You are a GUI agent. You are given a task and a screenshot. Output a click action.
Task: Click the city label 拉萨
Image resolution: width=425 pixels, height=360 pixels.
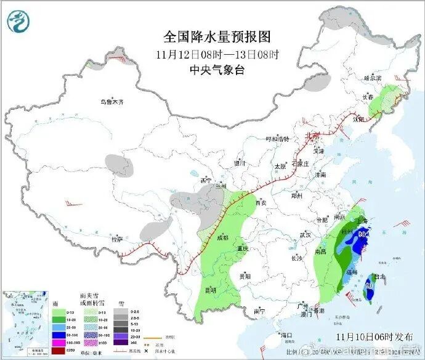point(117,239)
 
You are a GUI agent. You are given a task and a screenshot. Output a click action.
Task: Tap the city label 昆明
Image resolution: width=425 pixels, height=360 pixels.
point(211,289)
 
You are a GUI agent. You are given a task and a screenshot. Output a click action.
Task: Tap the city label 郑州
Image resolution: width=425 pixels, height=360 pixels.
point(298,197)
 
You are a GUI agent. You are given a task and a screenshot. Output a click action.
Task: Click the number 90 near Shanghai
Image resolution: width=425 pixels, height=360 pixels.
point(363,235)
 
